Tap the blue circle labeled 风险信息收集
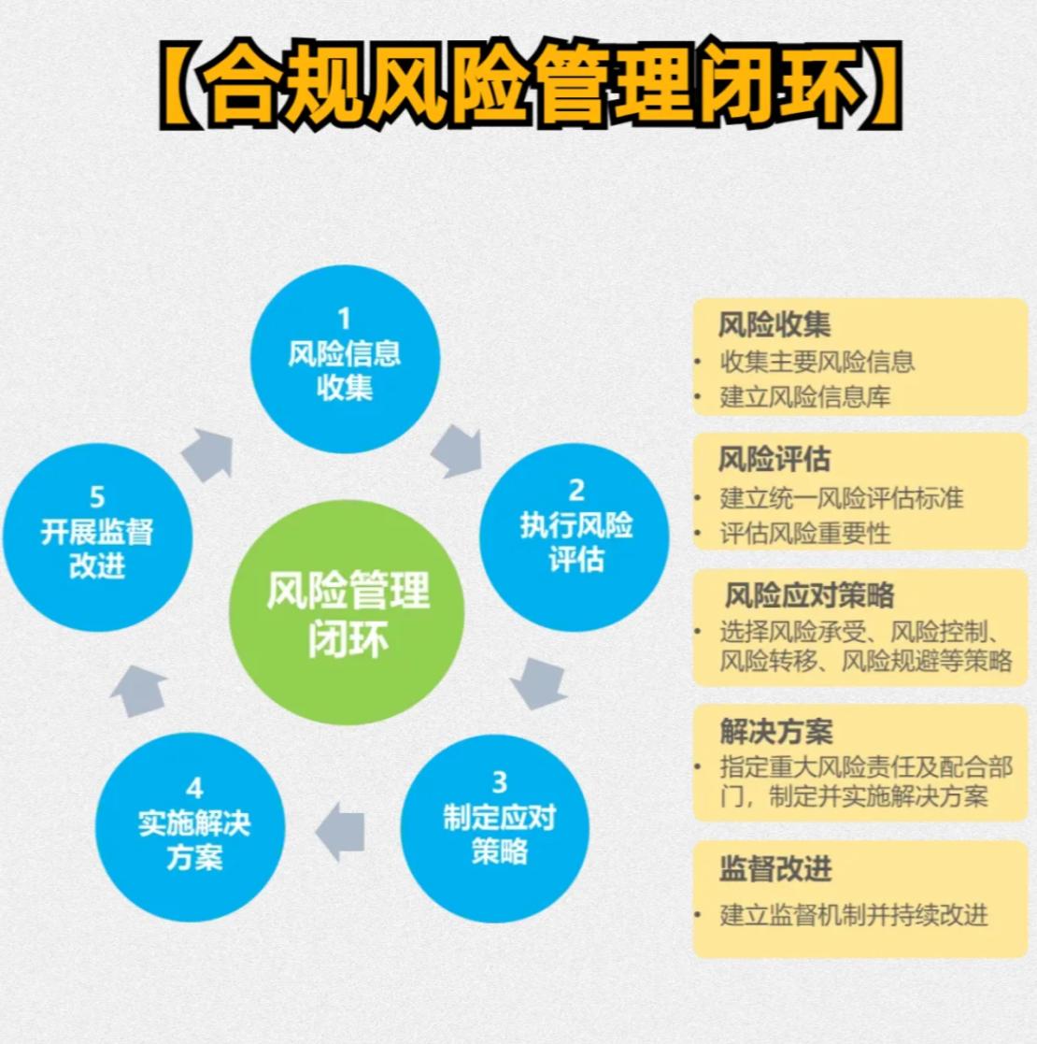pyautogui.click(x=344, y=359)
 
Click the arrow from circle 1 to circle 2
pyautogui.click(x=458, y=451)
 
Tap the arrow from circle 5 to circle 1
pyautogui.click(x=207, y=453)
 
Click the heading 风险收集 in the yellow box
pyautogui.click(x=774, y=325)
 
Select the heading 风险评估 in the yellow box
pyautogui.click(x=774, y=460)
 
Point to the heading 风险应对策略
pyautogui.click(x=809, y=595)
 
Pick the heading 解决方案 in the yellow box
pyautogui.click(x=775, y=731)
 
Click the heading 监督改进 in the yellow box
pyautogui.click(x=775, y=868)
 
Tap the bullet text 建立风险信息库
pyautogui.click(x=804, y=396)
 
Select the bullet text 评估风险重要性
pyautogui.click(x=804, y=533)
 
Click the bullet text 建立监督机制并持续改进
pyautogui.click(x=853, y=914)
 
